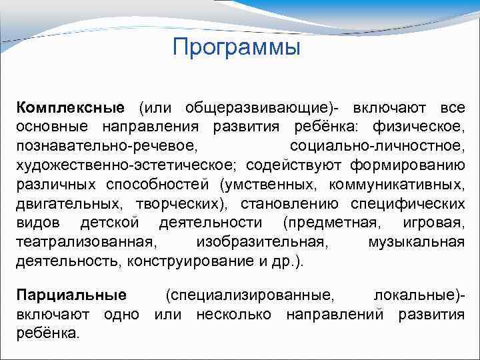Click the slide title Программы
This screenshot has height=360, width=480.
236,47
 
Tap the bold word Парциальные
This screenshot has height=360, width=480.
71,295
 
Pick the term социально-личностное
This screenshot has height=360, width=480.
377,146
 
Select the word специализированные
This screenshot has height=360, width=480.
251,295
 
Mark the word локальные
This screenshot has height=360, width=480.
416,295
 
